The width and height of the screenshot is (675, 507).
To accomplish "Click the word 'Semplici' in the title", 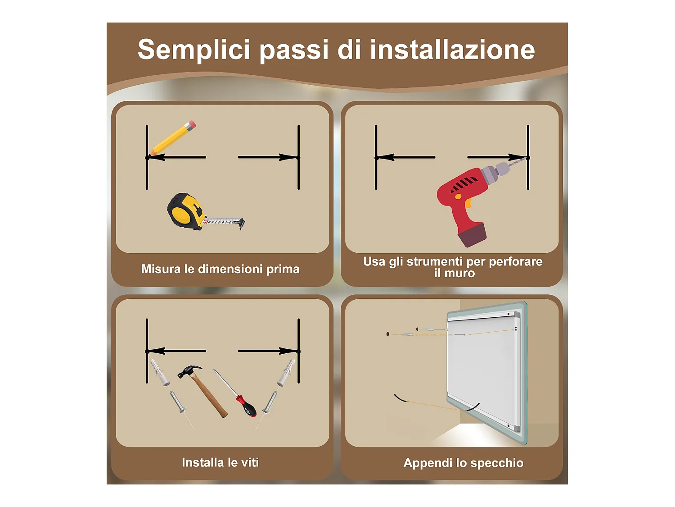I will click(193, 50).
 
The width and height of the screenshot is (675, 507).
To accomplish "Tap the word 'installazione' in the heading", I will click(452, 50).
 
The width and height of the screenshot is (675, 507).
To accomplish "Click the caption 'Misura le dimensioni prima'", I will click(220, 269).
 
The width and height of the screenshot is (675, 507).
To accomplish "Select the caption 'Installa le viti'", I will click(220, 462).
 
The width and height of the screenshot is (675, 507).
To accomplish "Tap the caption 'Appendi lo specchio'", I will click(463, 463).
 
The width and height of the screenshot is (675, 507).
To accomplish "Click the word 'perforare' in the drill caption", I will click(515, 261).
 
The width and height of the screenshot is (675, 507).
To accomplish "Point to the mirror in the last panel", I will click(484, 370).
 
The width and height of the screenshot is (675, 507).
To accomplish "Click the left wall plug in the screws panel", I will click(159, 372).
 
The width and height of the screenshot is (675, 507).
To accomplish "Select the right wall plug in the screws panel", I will click(286, 372).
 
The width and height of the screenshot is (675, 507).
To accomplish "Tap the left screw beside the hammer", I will click(177, 402).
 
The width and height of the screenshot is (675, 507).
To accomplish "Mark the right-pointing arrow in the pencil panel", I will click(268, 157).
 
